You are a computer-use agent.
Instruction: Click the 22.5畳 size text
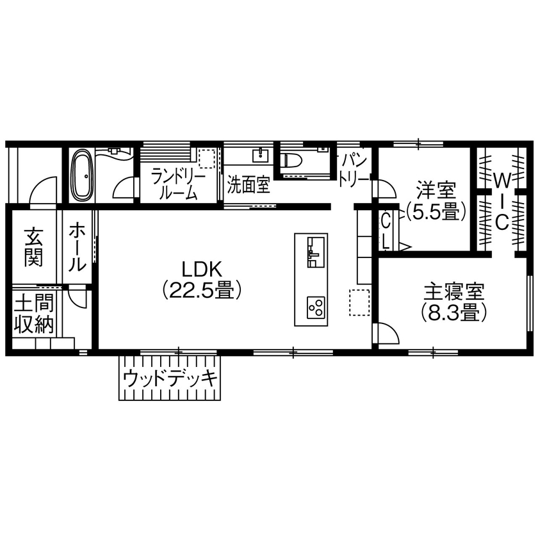tap(201, 291)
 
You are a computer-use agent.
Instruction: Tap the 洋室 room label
tap(436, 190)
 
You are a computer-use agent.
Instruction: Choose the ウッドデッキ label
tap(169, 379)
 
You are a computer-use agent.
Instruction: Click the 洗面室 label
tap(249, 186)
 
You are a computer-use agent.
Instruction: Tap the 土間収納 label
tap(33, 313)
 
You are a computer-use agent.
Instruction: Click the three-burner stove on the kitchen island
tap(315, 307)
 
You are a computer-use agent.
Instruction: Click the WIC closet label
tap(502, 199)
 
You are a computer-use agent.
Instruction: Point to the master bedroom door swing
tap(386, 334)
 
